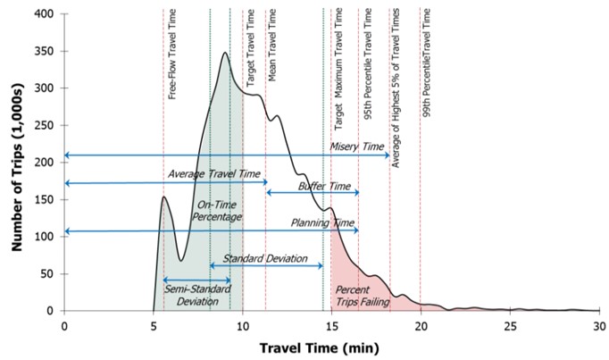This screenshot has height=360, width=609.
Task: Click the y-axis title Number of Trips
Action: point(16,163)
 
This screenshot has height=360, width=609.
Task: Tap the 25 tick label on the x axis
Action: point(508,325)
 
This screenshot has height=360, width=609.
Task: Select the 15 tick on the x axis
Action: point(330,325)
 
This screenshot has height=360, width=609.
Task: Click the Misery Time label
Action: point(356,147)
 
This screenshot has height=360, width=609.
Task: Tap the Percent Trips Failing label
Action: point(361,296)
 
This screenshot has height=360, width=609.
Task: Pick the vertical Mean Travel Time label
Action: point(272,46)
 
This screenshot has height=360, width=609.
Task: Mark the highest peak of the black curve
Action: point(224,53)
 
